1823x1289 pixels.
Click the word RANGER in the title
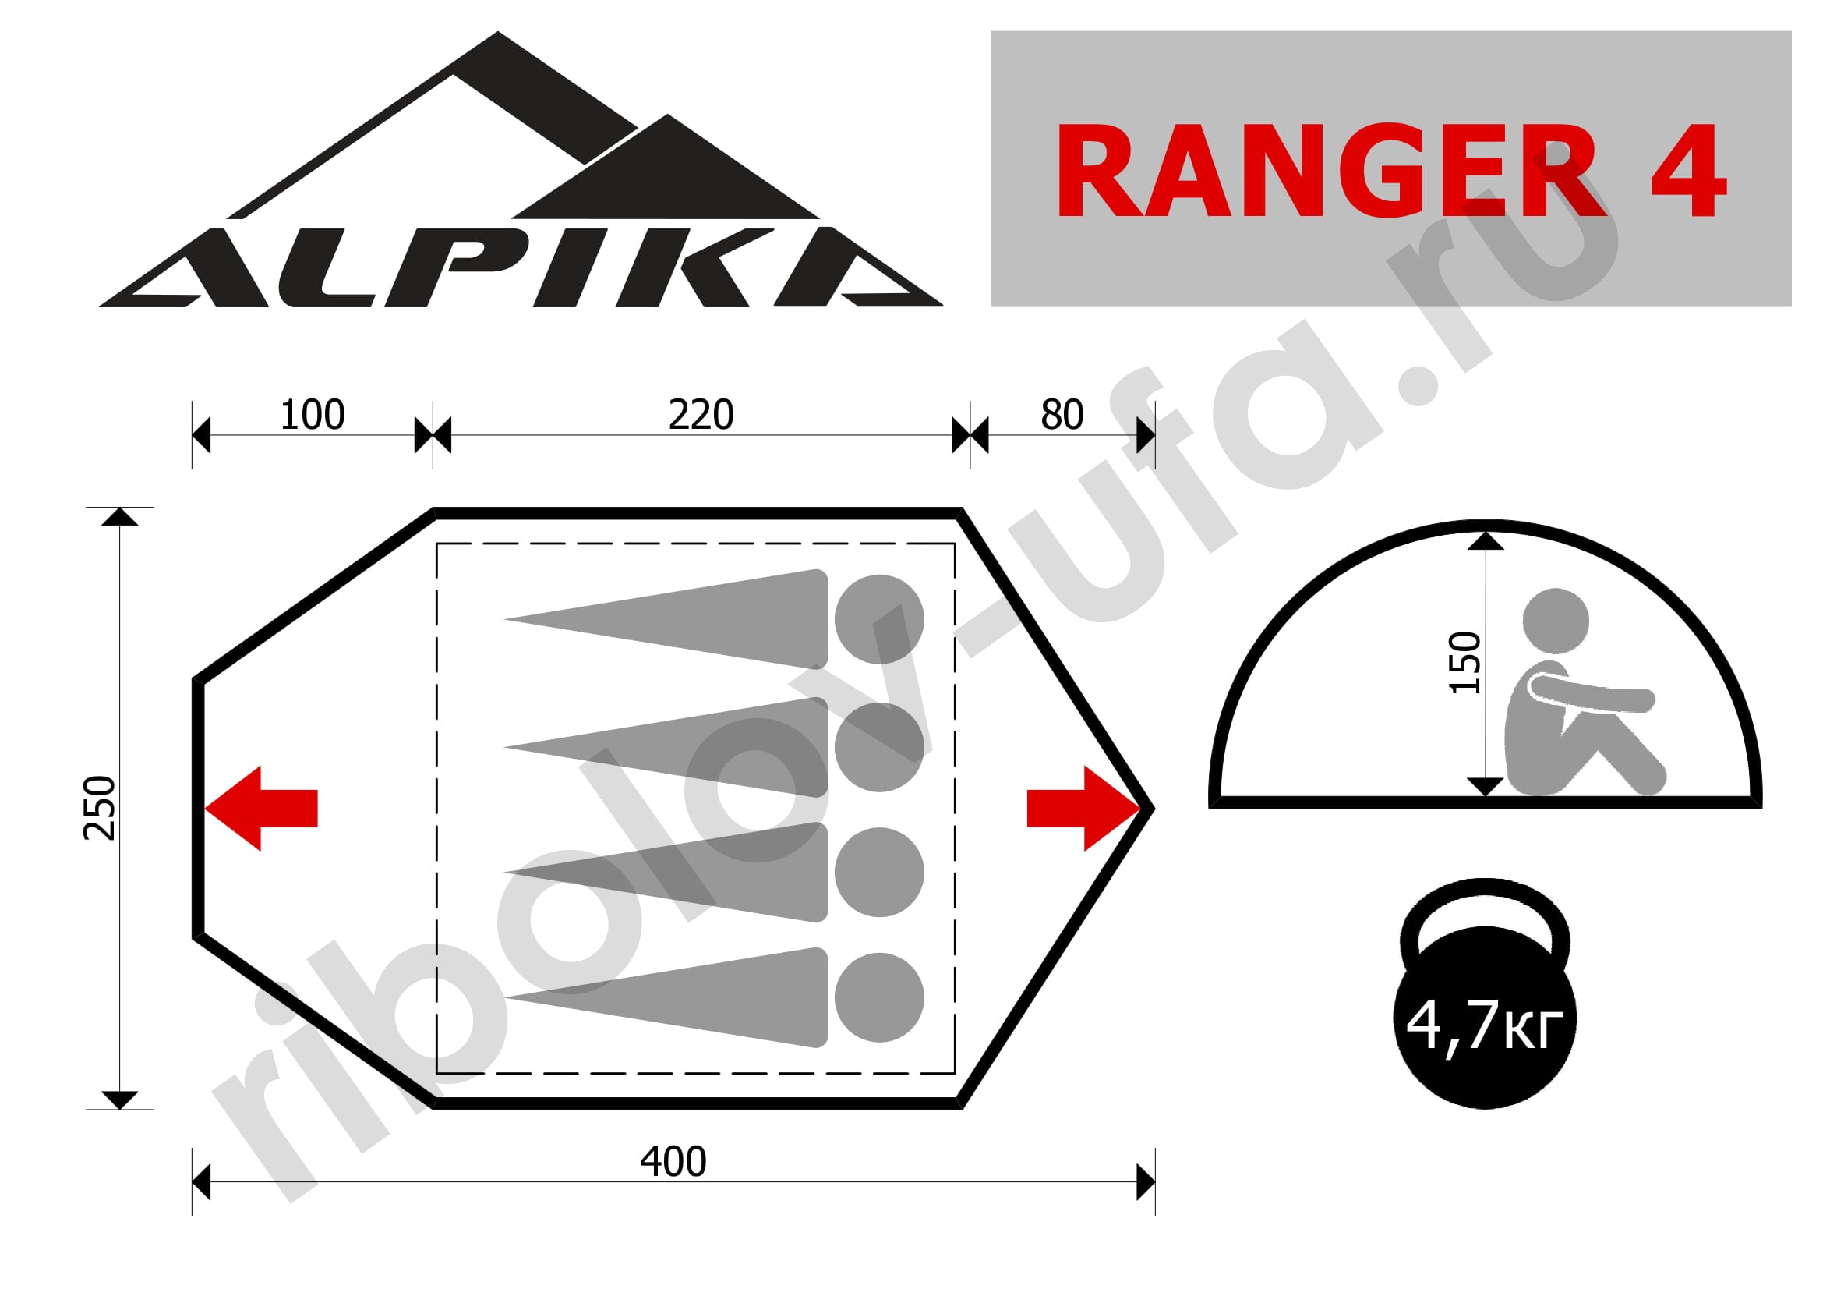pyautogui.click(x=1330, y=170)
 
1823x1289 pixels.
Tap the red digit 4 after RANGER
pyautogui.click(x=1689, y=171)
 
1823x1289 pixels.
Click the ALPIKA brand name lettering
pyautogui.click(x=521, y=267)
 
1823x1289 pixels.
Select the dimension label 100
pyautogui.click(x=312, y=415)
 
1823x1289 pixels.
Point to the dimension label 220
pyautogui.click(x=701, y=415)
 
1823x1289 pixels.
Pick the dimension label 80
pyautogui.click(x=1062, y=415)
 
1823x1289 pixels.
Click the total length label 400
pyautogui.click(x=673, y=1162)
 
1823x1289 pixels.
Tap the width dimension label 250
pyautogui.click(x=100, y=808)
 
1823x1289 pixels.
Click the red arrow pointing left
pyautogui.click(x=261, y=809)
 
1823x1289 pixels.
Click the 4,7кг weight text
pyautogui.click(x=1484, y=1025)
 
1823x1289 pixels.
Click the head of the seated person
pyautogui.click(x=1556, y=621)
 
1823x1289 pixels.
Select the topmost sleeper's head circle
pyautogui.click(x=879, y=619)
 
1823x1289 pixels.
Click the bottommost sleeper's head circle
pyautogui.click(x=879, y=997)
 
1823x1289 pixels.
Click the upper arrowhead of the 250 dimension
pyautogui.click(x=119, y=517)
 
